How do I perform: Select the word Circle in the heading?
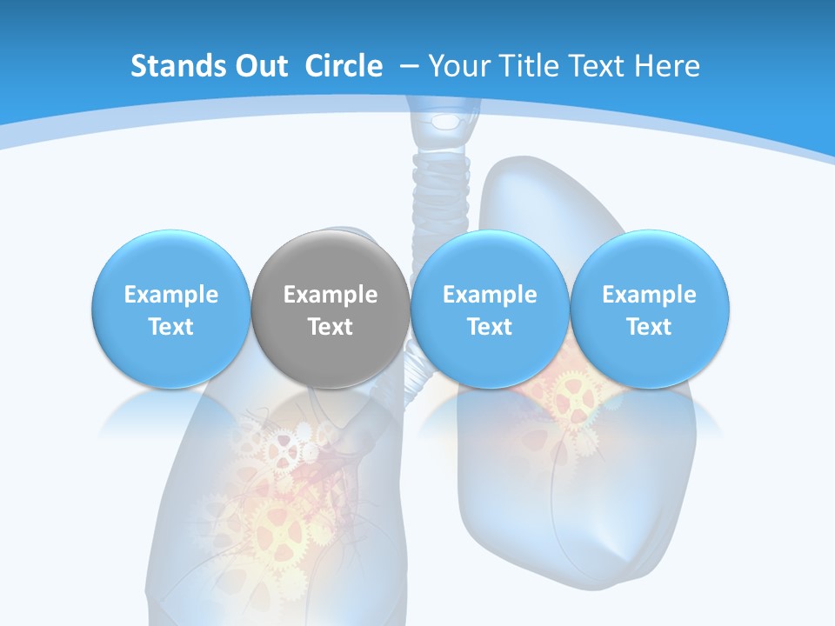click(344, 66)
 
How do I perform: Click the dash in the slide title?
click(409, 66)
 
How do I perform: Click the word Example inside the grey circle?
click(331, 295)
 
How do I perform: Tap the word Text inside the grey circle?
click(331, 327)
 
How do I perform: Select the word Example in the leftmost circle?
click(171, 295)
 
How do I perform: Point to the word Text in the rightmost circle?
click(650, 327)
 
